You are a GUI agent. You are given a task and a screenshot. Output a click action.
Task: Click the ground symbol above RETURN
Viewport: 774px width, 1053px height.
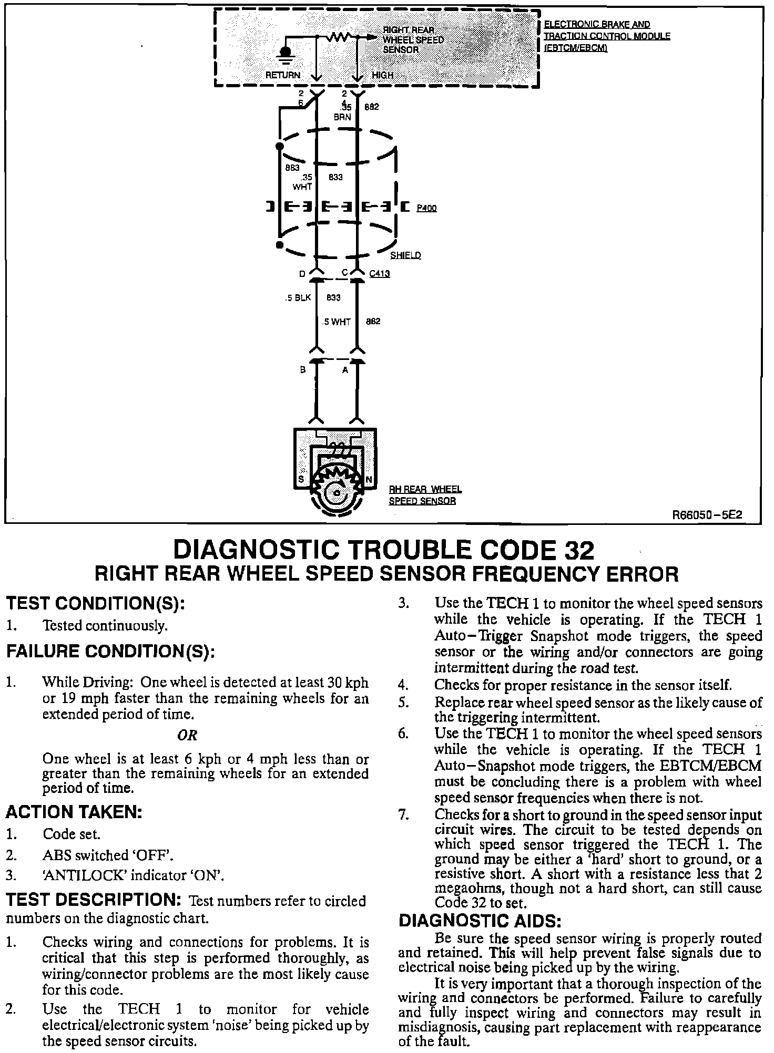[x=286, y=55]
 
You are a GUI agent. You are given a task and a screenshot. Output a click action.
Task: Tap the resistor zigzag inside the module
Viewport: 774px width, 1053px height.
[x=339, y=37]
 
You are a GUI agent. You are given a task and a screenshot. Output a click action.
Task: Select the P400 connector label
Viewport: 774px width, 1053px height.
[x=426, y=208]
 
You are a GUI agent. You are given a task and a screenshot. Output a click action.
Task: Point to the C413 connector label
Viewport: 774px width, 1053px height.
[x=379, y=274]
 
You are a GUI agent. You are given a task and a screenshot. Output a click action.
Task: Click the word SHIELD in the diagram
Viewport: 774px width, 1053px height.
[x=405, y=255]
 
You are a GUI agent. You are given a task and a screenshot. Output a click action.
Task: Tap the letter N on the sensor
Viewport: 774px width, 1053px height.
[x=369, y=479]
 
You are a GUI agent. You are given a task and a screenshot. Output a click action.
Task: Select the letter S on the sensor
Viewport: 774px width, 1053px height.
[x=301, y=479]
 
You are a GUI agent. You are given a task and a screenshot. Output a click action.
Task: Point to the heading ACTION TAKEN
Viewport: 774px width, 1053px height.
[x=74, y=812]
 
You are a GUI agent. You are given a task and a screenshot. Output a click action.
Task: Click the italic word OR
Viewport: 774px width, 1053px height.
[x=187, y=735]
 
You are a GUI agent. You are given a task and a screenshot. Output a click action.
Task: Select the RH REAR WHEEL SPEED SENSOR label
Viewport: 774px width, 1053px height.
[x=425, y=495]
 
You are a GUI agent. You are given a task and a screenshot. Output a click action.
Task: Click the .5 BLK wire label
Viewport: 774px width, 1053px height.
[x=297, y=298]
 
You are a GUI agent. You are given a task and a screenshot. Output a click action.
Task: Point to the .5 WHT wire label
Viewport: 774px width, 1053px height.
[x=337, y=322]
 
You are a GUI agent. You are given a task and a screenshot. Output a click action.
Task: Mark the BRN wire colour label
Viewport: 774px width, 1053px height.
[x=342, y=117]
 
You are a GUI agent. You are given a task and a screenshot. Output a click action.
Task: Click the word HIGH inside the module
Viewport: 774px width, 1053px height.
[x=383, y=75]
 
